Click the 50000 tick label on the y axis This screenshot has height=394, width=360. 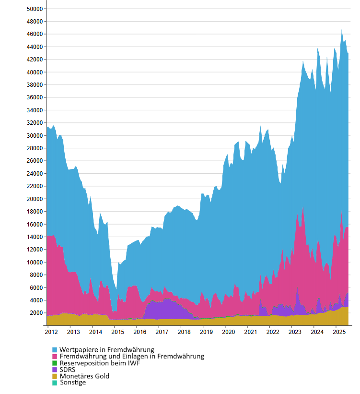click(x=35, y=9)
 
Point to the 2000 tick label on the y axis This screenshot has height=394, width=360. click(x=36, y=313)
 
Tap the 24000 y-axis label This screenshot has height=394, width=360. click(x=35, y=174)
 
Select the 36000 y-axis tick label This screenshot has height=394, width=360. click(x=35, y=97)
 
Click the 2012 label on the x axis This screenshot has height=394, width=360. click(x=51, y=332)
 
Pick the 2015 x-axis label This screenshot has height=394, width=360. click(x=117, y=332)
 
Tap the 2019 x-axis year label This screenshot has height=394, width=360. click(x=206, y=332)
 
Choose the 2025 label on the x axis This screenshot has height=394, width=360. click(x=339, y=332)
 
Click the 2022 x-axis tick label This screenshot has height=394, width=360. click(x=272, y=332)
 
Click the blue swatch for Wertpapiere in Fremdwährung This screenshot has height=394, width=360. click(x=55, y=350)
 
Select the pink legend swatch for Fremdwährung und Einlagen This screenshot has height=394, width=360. click(x=55, y=357)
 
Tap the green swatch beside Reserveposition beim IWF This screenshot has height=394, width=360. click(x=55, y=363)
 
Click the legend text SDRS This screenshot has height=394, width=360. click(x=68, y=370)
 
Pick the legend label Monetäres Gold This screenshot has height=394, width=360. click(x=84, y=376)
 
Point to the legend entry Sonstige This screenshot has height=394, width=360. click(x=73, y=382)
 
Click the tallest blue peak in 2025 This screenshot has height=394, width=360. click(x=342, y=30)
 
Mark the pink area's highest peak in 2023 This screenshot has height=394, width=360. click(x=303, y=209)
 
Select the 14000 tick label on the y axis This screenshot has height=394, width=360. click(x=35, y=237)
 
